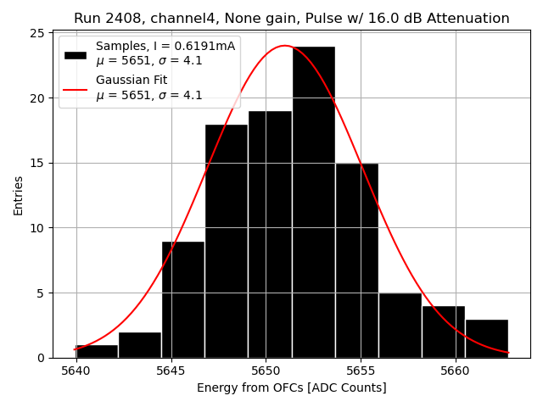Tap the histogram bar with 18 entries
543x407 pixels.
click(227, 241)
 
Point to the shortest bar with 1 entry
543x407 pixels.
click(97, 351)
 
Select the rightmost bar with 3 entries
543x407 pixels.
click(486, 338)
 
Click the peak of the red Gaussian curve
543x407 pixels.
click(285, 46)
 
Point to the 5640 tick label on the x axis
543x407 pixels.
click(76, 371)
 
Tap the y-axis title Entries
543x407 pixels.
click(19, 196)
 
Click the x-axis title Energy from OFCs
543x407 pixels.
click(291, 387)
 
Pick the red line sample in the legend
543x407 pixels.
click(75, 88)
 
